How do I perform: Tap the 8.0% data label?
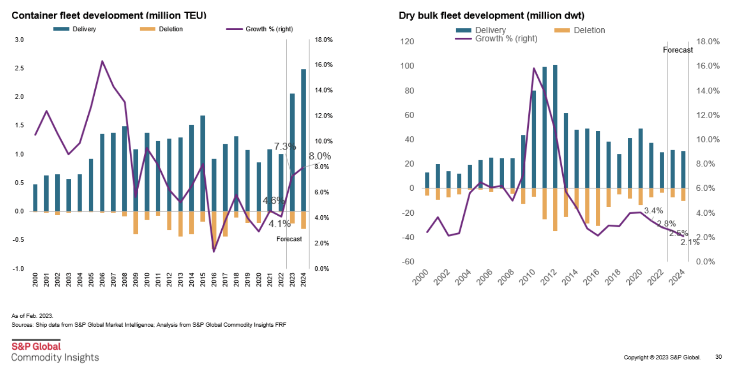(x=320, y=156)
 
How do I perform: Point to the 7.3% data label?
(x=285, y=147)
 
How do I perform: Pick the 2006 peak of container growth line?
(x=102, y=61)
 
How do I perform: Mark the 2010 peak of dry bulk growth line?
(x=533, y=68)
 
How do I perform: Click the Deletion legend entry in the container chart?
(x=170, y=29)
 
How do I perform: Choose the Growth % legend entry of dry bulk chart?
(x=506, y=39)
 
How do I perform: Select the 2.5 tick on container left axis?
(x=19, y=68)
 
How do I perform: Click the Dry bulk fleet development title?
(x=491, y=16)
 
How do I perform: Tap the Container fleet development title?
(x=109, y=16)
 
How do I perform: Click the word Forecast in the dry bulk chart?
(x=678, y=50)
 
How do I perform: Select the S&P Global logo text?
(x=36, y=346)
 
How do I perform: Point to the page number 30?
(x=718, y=357)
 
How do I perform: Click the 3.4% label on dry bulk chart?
(x=653, y=211)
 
